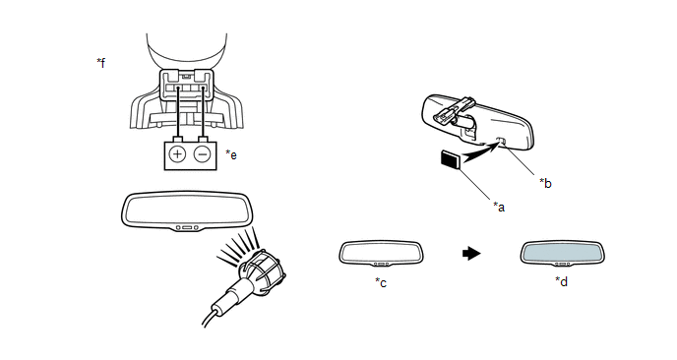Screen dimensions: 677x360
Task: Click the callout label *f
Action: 100,63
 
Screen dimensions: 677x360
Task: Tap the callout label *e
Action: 231,154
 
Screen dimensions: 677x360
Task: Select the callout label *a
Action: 499,207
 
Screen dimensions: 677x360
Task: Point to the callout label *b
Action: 545,183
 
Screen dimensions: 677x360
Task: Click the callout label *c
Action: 381,282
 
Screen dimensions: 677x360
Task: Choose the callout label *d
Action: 561,281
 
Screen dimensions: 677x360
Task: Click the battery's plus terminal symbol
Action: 177,154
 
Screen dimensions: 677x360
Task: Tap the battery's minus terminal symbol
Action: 202,154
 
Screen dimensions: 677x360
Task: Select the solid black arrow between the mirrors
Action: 471,253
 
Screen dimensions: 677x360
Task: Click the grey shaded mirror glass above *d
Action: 562,252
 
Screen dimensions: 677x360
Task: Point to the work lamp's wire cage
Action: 263,271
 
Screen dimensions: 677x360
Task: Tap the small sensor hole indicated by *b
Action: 502,141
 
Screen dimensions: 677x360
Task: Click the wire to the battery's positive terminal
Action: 177,112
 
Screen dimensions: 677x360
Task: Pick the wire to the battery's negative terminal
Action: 202,112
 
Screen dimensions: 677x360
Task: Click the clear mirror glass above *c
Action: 381,252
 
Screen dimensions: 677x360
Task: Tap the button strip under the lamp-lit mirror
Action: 187,227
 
